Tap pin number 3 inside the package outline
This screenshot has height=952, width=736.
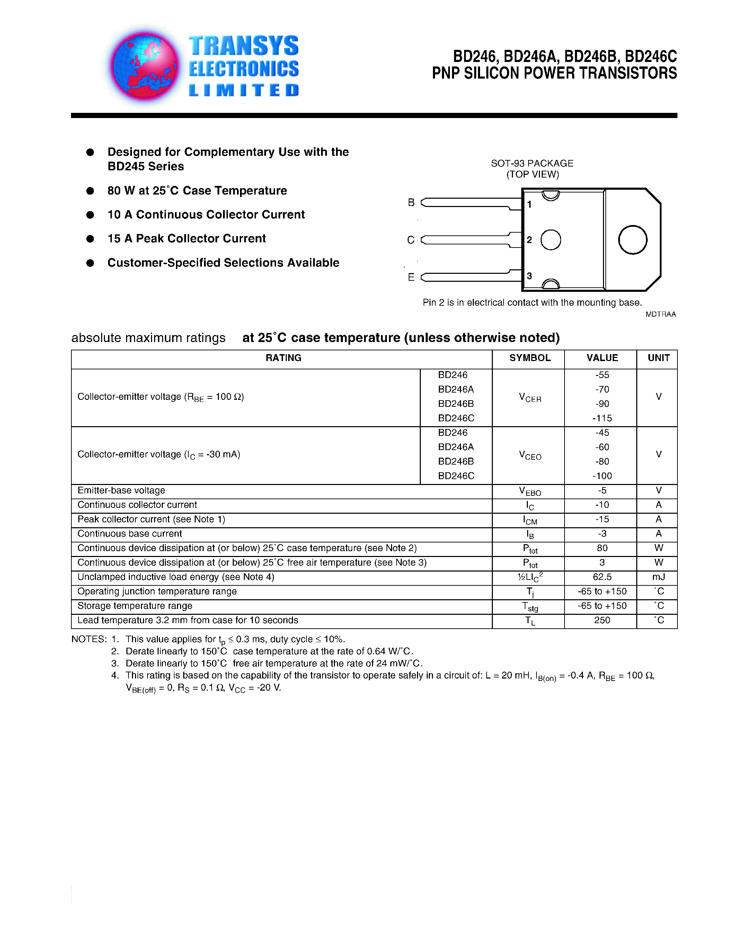pyautogui.click(x=529, y=276)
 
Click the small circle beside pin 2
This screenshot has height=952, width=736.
pyautogui.click(x=550, y=240)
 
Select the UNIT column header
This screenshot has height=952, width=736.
pyautogui.click(x=658, y=358)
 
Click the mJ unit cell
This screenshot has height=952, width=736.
pyautogui.click(x=658, y=577)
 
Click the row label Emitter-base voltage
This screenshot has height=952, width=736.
pyautogui.click(x=121, y=491)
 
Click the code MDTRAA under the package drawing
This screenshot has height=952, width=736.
pyautogui.click(x=660, y=314)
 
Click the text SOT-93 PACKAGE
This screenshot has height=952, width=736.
pyautogui.click(x=532, y=163)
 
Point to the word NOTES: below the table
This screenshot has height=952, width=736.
pyautogui.click(x=89, y=639)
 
